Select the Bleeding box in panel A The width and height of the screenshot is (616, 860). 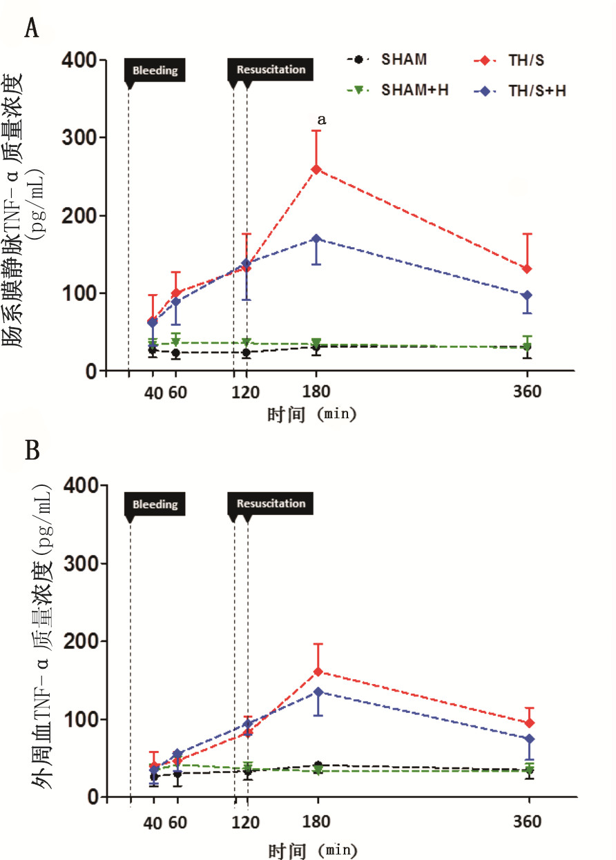[155, 70]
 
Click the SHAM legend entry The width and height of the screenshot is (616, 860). [404, 59]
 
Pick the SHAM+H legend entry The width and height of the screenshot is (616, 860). [414, 90]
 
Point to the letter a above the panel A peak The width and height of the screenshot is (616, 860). [320, 120]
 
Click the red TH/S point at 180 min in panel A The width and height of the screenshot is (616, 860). [316, 169]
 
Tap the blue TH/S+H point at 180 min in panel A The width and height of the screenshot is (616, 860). [316, 239]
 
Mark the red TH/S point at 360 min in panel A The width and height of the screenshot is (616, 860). [527, 268]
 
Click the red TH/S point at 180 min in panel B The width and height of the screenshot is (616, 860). [318, 672]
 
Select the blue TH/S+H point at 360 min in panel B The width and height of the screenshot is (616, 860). [529, 739]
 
